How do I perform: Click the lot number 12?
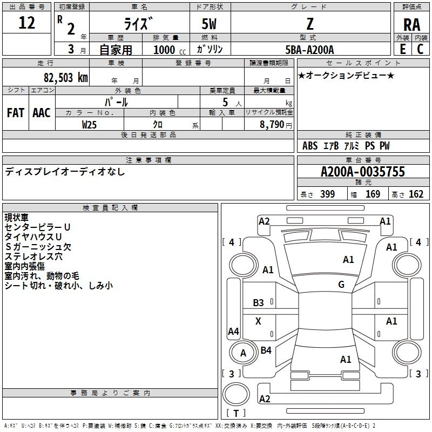coord(26,23)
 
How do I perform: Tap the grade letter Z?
coord(310,24)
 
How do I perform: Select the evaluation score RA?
coord(411,25)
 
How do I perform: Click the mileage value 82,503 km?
coord(65,77)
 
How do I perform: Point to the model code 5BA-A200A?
coord(309,50)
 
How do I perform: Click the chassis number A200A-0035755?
coord(363,172)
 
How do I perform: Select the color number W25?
coord(89,125)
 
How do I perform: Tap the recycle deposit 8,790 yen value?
coord(276,125)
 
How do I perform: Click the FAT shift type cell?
coord(16,113)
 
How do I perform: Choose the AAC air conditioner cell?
coord(42,113)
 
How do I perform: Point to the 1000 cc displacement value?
coord(170,50)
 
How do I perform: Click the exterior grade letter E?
coord(402,49)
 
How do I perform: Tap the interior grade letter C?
coord(420,49)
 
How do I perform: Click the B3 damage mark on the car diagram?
coord(258,303)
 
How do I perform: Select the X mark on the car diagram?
coord(258,321)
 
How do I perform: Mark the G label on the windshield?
coord(341,284)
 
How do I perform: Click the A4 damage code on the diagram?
coord(233,331)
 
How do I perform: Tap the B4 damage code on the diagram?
coord(266,350)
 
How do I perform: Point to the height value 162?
coord(416,194)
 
